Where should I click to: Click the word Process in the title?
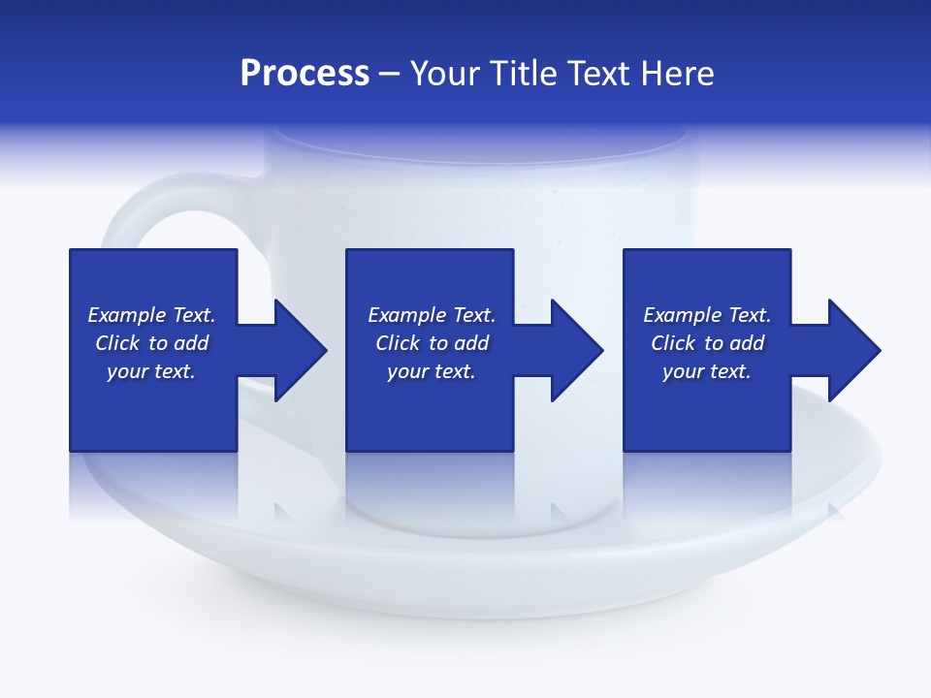(x=305, y=74)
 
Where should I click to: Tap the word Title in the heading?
(x=523, y=74)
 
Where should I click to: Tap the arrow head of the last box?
(x=852, y=350)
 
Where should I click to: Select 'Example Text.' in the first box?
(x=151, y=315)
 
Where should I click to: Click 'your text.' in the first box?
(x=151, y=371)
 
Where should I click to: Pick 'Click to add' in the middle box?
(x=432, y=343)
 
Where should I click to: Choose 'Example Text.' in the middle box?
(x=432, y=315)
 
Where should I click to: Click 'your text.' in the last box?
(x=707, y=371)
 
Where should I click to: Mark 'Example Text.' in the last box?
(x=707, y=315)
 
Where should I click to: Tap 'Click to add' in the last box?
(x=707, y=343)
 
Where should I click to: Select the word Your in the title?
(x=447, y=74)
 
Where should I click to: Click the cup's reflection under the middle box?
(x=430, y=494)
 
